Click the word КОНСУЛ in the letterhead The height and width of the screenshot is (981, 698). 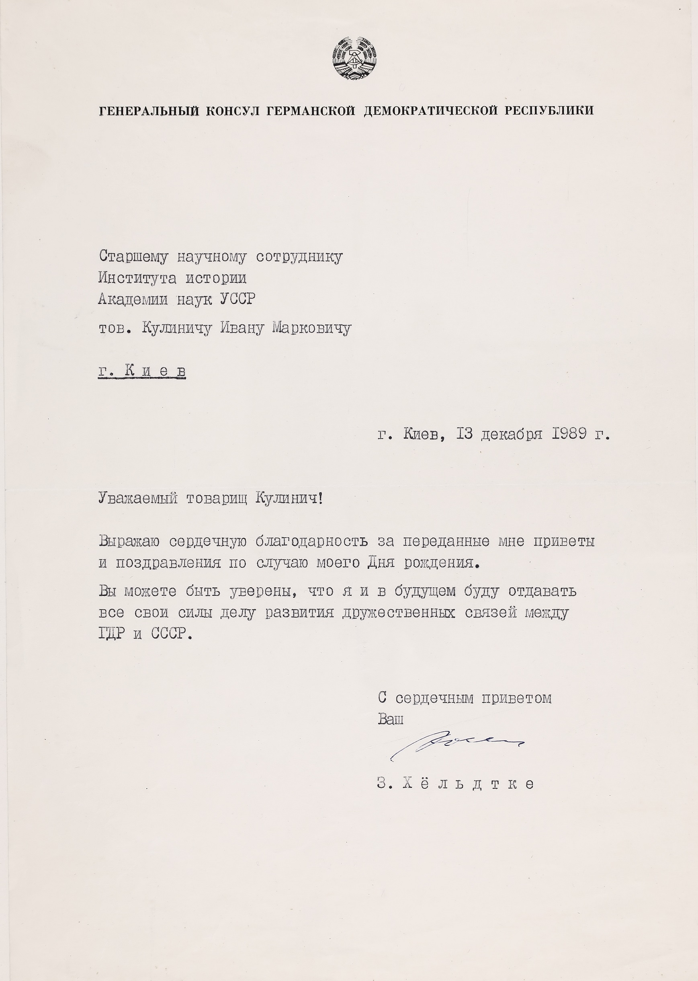pos(233,111)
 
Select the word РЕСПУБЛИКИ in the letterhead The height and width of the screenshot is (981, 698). pos(549,111)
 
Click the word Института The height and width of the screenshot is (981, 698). pos(137,278)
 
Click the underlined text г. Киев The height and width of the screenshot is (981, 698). pos(142,371)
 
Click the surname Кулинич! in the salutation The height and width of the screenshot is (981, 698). pos(289,499)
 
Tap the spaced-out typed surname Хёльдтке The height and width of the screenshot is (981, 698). pos(469,784)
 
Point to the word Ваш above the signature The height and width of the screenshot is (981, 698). pos(391,719)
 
